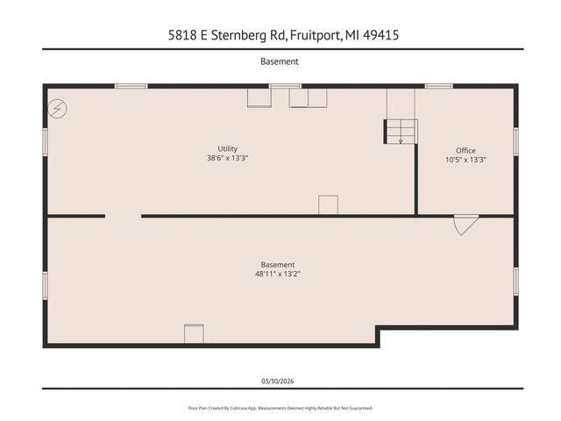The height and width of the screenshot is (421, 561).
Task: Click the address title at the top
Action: coord(280,36)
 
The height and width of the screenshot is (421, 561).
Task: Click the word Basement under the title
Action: coord(280,62)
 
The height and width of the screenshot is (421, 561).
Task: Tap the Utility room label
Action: coord(228,149)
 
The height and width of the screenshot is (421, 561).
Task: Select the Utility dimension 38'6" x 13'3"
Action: coord(228,159)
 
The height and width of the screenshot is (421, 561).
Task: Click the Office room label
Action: coord(465,151)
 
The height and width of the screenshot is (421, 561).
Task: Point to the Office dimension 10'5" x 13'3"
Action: coord(465,161)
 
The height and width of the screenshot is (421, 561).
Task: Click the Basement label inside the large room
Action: coord(278,265)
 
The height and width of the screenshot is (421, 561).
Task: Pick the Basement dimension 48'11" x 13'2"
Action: coord(278,275)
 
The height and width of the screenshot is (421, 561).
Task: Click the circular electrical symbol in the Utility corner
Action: coord(57,107)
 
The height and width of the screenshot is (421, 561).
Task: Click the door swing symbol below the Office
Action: coord(464,225)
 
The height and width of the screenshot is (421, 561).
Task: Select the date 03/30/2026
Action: coord(280,381)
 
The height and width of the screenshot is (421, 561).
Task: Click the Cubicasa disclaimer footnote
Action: coord(280,408)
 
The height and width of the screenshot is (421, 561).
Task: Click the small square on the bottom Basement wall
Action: coord(194,334)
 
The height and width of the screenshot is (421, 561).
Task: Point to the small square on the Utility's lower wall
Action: coord(328,204)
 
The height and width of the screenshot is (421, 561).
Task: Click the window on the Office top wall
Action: coord(438,86)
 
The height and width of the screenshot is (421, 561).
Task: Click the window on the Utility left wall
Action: coord(46,142)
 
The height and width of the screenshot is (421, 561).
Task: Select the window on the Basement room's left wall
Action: coord(46,286)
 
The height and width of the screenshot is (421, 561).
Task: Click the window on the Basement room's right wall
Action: coord(516,281)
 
